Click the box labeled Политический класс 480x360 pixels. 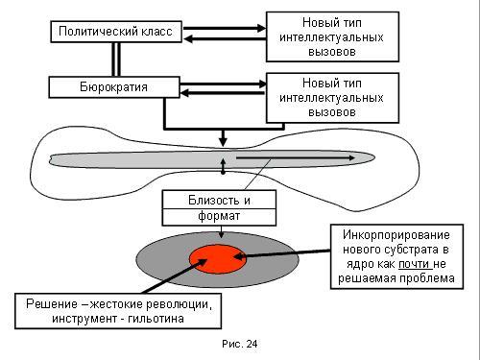(116, 32)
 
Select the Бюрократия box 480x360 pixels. (114, 87)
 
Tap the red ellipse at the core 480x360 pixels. (218, 259)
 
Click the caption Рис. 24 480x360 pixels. (240, 344)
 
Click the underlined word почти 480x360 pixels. (414, 264)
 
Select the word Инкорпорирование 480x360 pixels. (396, 235)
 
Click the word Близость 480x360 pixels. (213, 201)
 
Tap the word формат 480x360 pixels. (219, 216)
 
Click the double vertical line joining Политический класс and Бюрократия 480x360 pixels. (116, 60)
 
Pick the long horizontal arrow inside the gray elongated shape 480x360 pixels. (296, 157)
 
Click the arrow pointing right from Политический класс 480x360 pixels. (225, 28)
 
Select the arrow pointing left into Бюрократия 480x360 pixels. (223, 93)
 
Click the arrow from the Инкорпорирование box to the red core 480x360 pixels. (282, 253)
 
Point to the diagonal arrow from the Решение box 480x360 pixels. (175, 276)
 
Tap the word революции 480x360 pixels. (179, 304)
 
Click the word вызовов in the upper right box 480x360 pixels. (332, 52)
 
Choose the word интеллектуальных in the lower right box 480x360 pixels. (331, 98)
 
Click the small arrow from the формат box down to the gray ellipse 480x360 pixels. (221, 232)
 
